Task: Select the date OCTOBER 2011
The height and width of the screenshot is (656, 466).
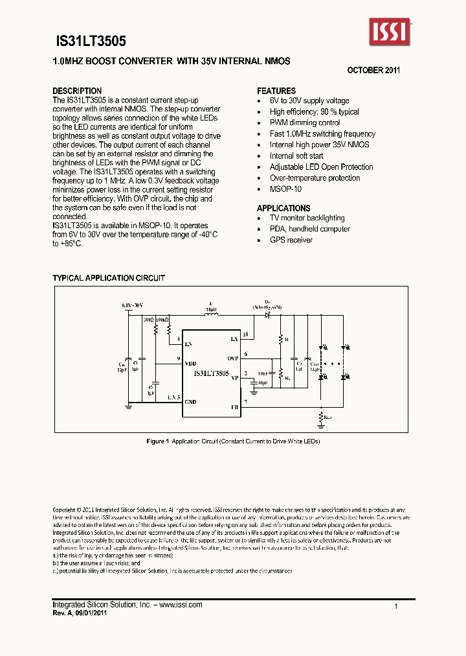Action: point(373,69)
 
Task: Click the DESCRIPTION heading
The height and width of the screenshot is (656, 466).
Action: point(77,91)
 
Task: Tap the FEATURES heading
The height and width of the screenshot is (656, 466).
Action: point(276,91)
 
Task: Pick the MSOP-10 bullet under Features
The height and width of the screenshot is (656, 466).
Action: point(286,189)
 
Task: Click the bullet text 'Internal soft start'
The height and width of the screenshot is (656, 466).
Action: point(296,156)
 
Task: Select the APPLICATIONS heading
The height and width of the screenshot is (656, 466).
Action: point(283,208)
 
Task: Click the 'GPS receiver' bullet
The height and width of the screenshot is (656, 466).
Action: point(291,240)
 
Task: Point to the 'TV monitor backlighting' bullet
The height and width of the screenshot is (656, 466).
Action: point(307,218)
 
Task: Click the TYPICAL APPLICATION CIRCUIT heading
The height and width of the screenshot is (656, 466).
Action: point(109,278)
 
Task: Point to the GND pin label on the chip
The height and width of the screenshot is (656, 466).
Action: point(191,402)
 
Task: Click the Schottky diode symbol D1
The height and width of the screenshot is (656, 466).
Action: point(266,315)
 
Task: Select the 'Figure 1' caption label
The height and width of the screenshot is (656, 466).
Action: point(157,441)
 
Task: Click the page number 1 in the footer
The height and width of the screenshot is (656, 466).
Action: point(395,605)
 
